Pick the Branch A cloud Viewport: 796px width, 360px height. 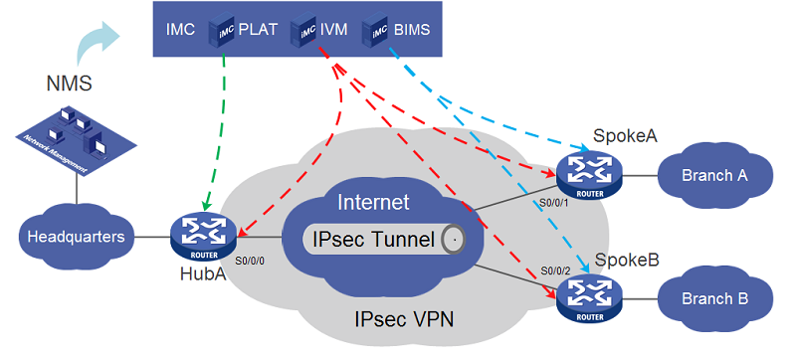(714, 176)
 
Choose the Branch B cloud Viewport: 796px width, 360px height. (714, 297)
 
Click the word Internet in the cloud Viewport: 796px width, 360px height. (373, 203)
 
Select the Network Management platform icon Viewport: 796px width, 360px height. (64, 140)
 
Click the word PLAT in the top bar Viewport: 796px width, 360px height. (258, 30)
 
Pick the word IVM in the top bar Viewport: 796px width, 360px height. (334, 30)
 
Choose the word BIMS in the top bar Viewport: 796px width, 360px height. (412, 30)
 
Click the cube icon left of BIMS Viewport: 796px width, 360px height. (376, 31)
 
